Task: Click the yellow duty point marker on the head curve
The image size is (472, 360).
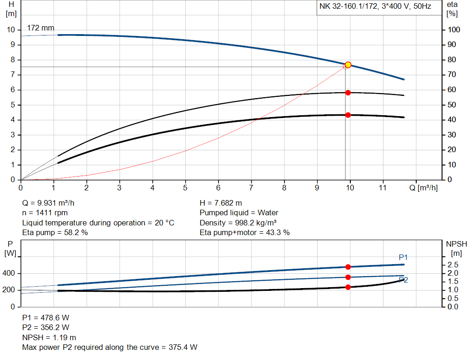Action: click(348, 65)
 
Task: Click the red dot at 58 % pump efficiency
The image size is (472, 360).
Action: click(348, 93)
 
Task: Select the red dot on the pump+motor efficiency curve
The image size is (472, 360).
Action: click(348, 115)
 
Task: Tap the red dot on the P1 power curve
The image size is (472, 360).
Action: click(348, 267)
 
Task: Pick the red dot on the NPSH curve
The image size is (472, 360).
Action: click(348, 287)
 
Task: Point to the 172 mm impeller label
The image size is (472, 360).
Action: click(41, 28)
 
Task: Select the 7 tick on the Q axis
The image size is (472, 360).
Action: click(251, 188)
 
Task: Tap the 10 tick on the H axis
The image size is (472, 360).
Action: click(12, 30)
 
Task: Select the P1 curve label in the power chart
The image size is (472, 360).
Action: click(403, 257)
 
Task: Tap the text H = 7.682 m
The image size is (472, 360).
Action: click(221, 203)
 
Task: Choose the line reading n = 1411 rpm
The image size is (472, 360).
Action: click(45, 213)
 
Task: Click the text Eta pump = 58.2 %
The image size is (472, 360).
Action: click(55, 233)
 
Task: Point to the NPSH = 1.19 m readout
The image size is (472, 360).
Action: click(49, 337)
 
